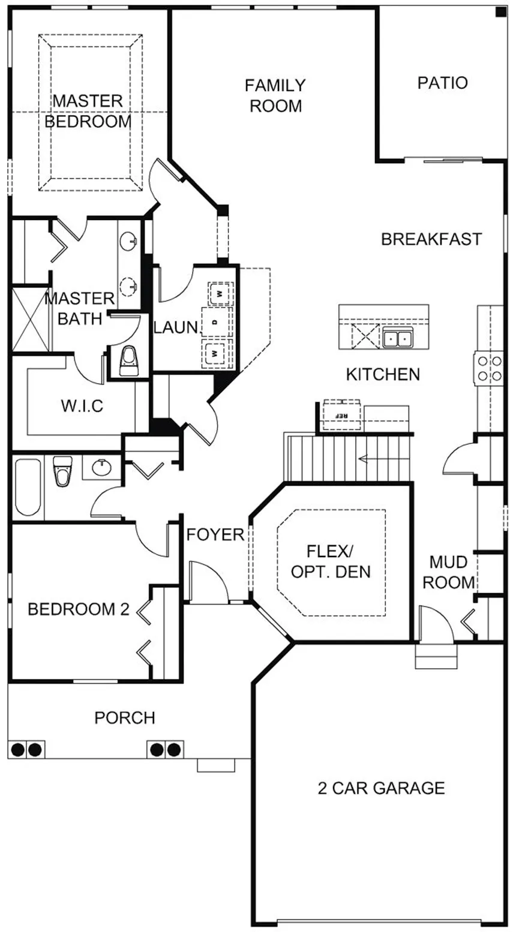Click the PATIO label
pyautogui.click(x=442, y=83)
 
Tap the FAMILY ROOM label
pyautogui.click(x=275, y=96)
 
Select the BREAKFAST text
pyautogui.click(x=431, y=239)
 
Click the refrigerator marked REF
pyautogui.click(x=342, y=415)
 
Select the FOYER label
pyautogui.click(x=215, y=534)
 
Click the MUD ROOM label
pyautogui.click(x=448, y=572)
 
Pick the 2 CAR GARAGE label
pyautogui.click(x=381, y=788)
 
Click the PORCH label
pyautogui.click(x=125, y=718)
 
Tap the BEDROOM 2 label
pyautogui.click(x=78, y=609)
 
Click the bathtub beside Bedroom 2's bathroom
pyautogui.click(x=28, y=487)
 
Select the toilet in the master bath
pyautogui.click(x=128, y=362)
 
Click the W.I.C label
pyautogui.click(x=82, y=405)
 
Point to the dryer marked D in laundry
pyautogui.click(x=215, y=322)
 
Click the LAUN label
pyautogui.click(x=176, y=327)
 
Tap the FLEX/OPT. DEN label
pyautogui.click(x=331, y=562)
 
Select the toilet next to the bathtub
pyautogui.click(x=63, y=471)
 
